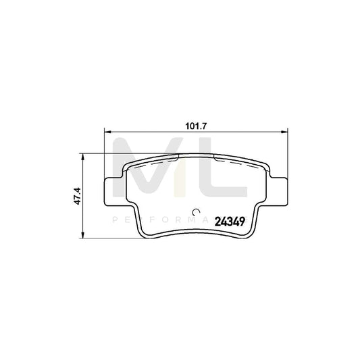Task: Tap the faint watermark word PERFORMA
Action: (x=169, y=220)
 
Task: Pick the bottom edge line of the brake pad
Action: (x=196, y=238)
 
